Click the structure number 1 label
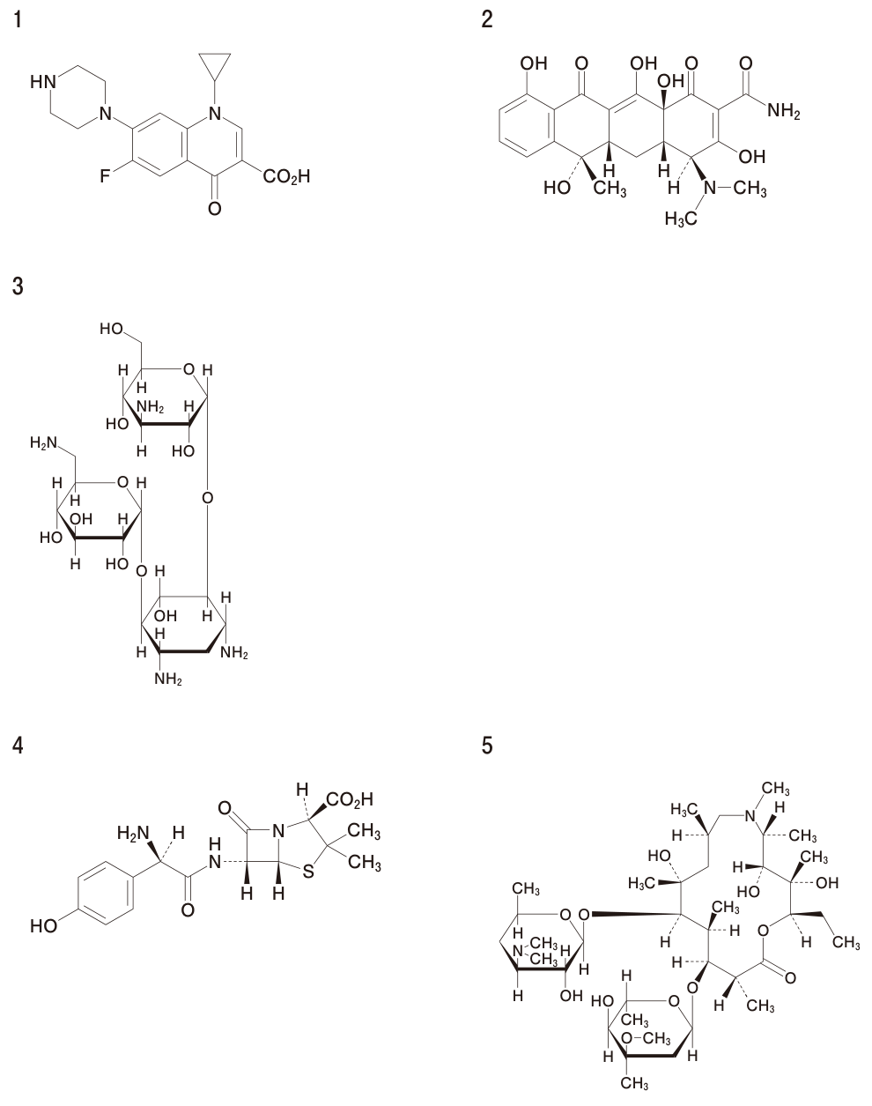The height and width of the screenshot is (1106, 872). point(18,21)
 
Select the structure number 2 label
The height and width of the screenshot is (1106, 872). point(486,19)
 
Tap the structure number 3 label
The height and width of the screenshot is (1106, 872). point(18,286)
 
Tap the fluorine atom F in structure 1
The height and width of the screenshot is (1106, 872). point(105,176)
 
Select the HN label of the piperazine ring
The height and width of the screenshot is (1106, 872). point(43,82)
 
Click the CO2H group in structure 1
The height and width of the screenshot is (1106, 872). point(286,177)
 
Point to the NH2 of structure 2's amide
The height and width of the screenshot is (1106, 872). point(784,110)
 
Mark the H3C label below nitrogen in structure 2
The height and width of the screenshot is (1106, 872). point(681,219)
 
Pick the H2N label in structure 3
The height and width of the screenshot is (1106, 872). point(43,442)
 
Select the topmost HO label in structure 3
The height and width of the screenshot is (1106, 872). point(112,329)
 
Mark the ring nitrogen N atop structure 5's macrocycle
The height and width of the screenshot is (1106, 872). point(750,817)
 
